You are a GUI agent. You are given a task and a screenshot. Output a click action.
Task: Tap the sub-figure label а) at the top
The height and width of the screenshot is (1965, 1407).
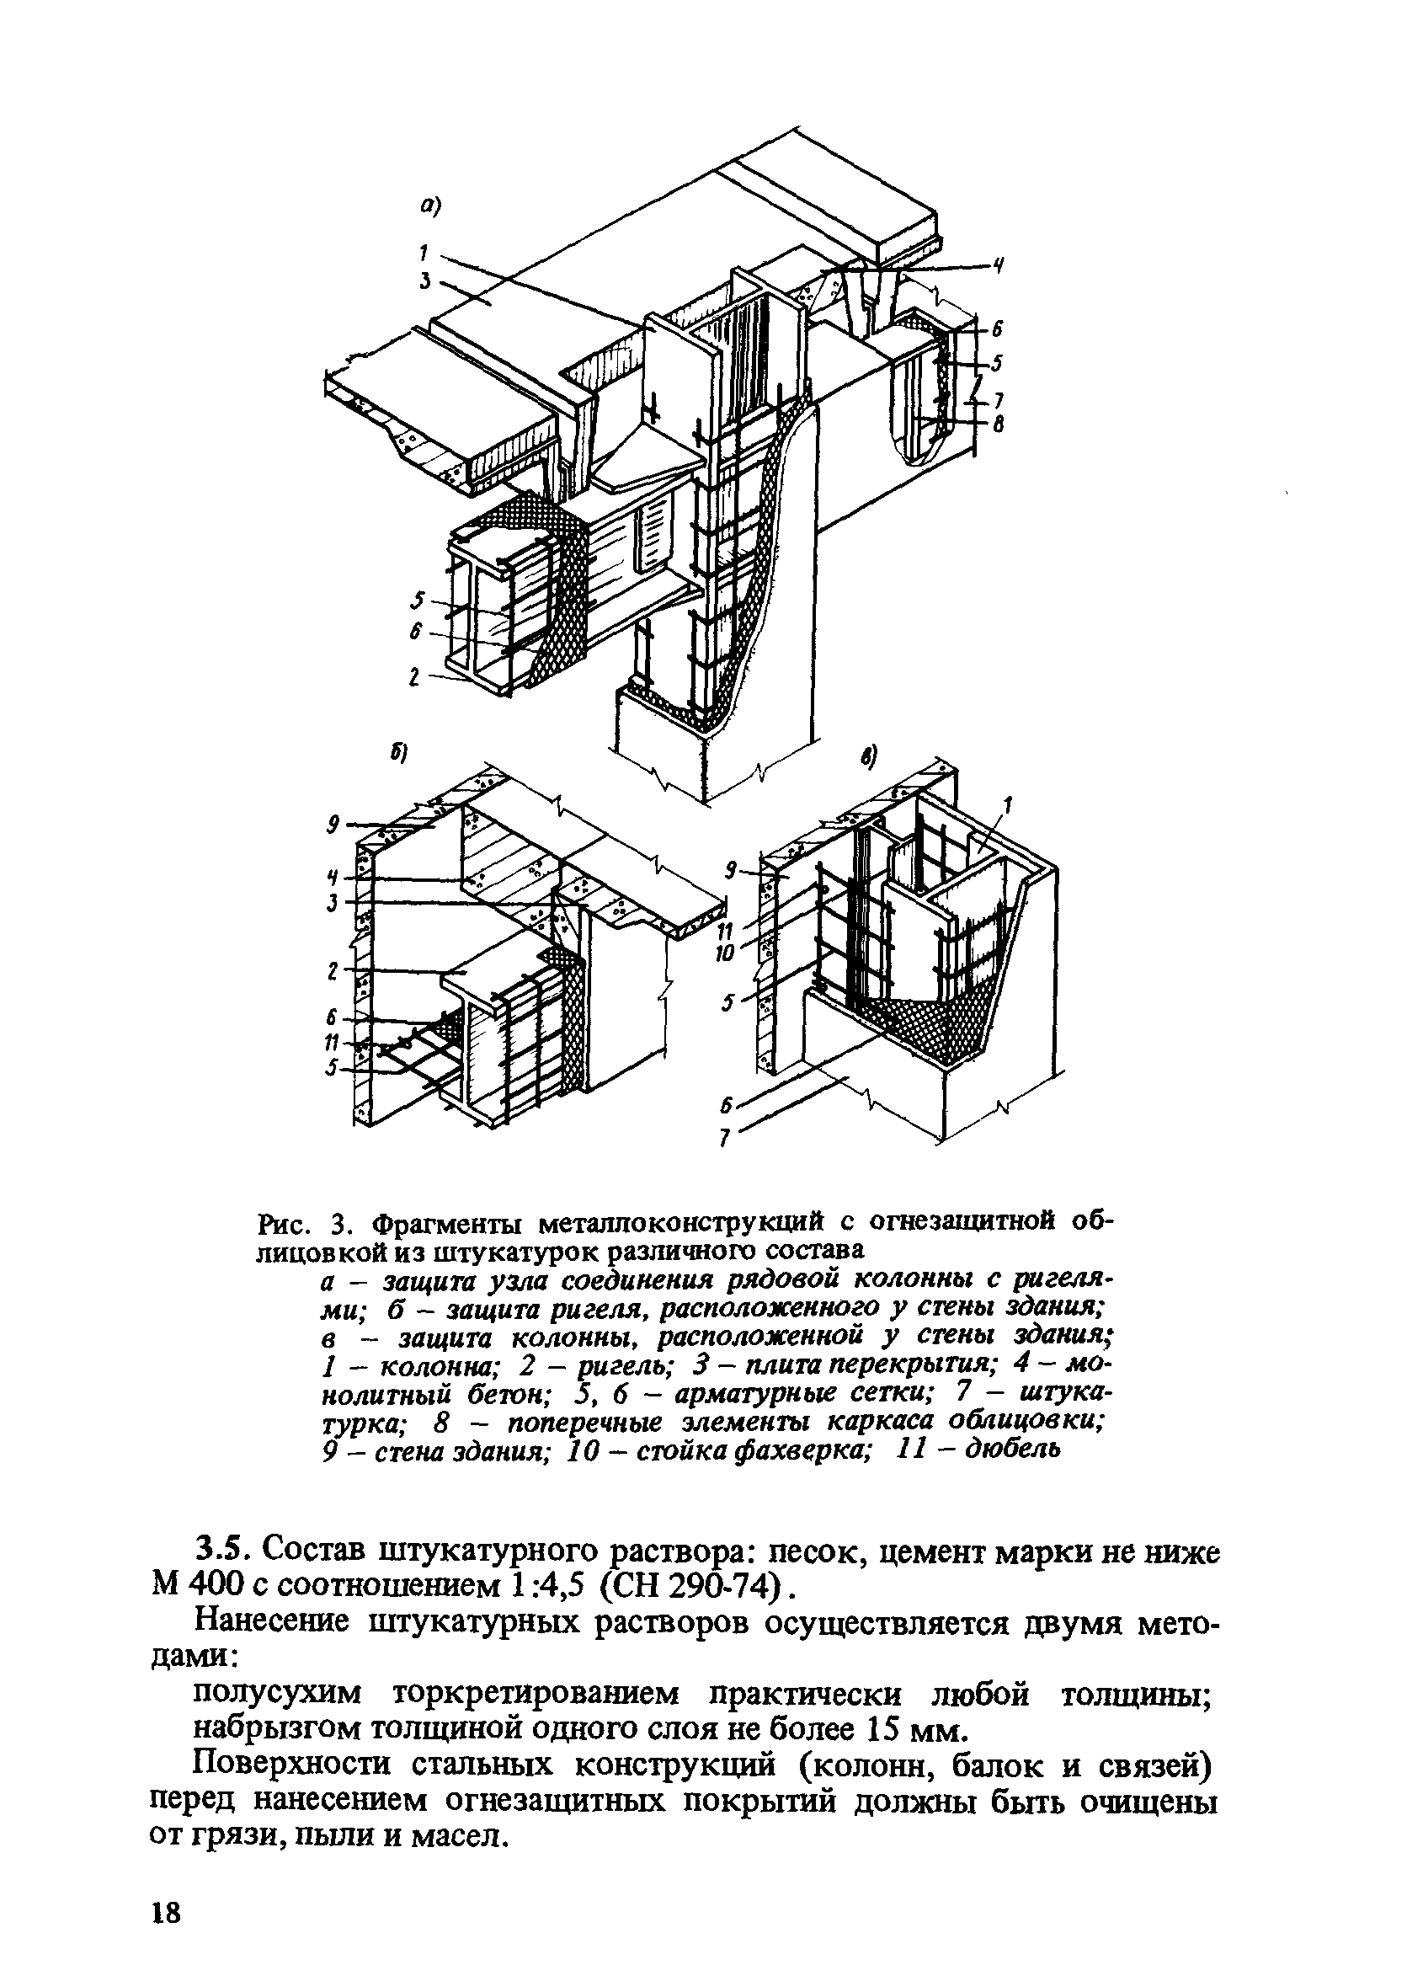tap(430, 206)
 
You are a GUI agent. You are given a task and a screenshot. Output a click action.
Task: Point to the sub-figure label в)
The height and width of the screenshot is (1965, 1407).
tap(868, 758)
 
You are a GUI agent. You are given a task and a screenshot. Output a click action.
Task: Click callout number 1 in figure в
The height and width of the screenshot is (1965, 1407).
tap(1007, 806)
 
